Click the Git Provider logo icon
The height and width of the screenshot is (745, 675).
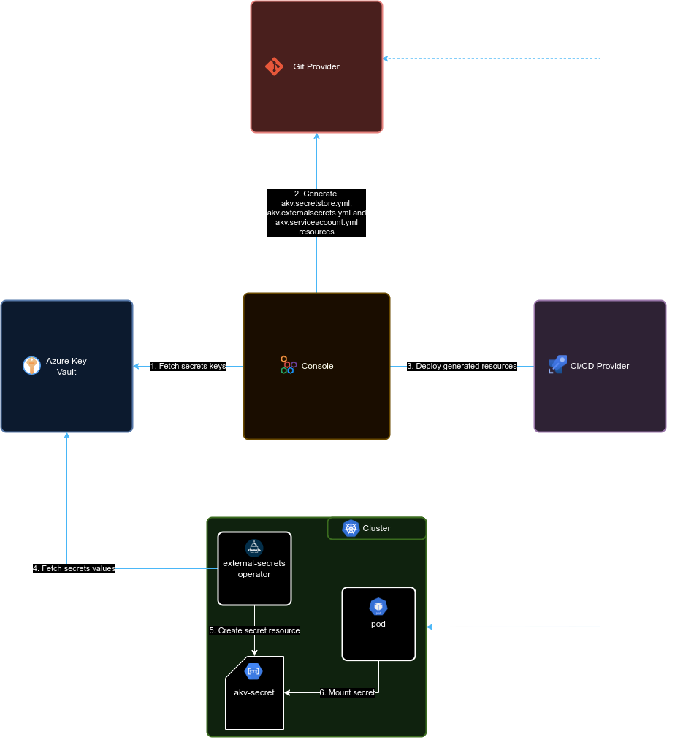(x=274, y=66)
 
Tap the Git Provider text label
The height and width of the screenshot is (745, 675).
(x=316, y=66)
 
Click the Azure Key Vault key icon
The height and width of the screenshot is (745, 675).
(x=31, y=366)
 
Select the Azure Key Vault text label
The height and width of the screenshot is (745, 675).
(x=66, y=366)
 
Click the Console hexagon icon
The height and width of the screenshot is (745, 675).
(x=288, y=365)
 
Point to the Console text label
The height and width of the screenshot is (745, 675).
(x=317, y=366)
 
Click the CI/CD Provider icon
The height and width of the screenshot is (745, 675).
(x=557, y=365)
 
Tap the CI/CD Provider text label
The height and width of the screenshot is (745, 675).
(x=599, y=366)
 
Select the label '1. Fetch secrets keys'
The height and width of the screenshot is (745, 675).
(x=188, y=366)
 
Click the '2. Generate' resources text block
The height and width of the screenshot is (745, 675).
(x=316, y=213)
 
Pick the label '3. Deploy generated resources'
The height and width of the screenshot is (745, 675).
(x=462, y=366)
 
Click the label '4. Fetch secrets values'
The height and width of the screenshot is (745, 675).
(x=74, y=568)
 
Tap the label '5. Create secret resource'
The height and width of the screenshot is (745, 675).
(x=254, y=630)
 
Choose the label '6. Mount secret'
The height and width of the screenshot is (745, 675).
(x=347, y=692)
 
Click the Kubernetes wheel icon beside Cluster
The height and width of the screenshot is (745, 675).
(x=351, y=528)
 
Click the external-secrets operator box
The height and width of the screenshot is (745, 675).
(x=254, y=568)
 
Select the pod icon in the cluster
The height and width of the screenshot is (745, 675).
(x=378, y=606)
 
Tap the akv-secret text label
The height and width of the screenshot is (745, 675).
(x=254, y=692)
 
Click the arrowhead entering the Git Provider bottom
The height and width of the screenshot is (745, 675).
(x=316, y=137)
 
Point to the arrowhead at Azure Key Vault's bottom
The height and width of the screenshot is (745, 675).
(x=66, y=436)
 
